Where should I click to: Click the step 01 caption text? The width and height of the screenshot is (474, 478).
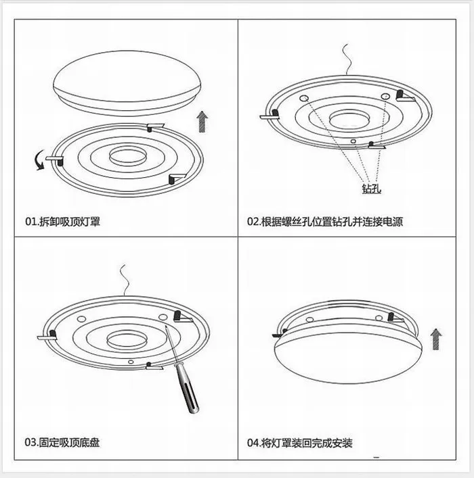click(63, 221)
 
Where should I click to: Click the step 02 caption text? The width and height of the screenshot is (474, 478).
click(324, 221)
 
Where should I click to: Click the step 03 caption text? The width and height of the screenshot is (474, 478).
click(63, 443)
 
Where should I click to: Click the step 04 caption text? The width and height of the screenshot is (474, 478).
click(299, 444)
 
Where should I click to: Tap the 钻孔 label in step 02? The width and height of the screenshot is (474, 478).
click(372, 189)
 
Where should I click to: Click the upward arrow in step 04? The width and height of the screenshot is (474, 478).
click(435, 339)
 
